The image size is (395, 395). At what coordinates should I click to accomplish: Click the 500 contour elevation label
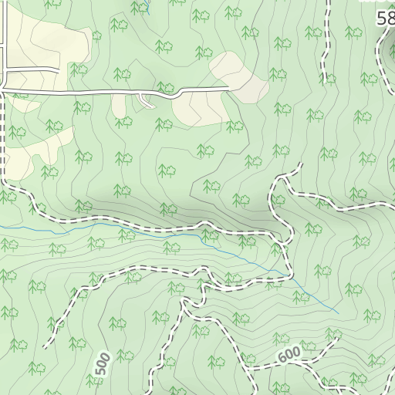click(x=102, y=364)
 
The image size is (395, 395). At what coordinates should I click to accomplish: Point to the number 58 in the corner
click(x=385, y=19)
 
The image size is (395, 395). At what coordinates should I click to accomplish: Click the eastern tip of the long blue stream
click(x=339, y=312)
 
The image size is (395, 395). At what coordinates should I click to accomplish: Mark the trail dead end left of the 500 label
click(x=48, y=347)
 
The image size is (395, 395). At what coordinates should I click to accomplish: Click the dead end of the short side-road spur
click(x=59, y=70)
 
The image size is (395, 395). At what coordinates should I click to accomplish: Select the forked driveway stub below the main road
click(x=147, y=100)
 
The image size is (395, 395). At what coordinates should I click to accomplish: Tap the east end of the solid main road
click(x=231, y=89)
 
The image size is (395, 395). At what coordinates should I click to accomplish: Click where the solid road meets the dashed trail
click(x=3, y=91)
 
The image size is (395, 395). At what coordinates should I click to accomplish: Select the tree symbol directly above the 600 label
click(x=282, y=339)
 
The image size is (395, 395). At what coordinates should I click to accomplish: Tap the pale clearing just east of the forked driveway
click(x=191, y=110)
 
